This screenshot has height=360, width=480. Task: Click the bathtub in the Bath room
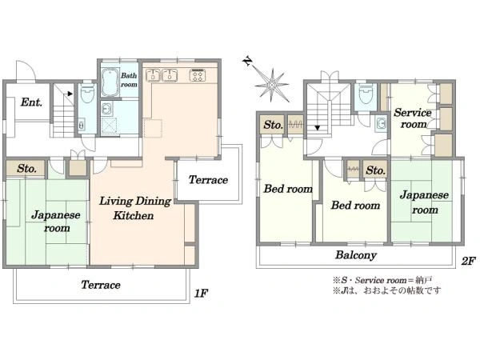110,82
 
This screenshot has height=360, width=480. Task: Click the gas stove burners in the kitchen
198,75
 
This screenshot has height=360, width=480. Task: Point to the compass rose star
272,84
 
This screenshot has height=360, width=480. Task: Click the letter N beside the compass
248,62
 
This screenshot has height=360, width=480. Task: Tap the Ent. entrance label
31,102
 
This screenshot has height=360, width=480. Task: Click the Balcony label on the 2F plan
356,255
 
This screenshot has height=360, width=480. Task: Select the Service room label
413,118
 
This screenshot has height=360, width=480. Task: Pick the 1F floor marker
201,294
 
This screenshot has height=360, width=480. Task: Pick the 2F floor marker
468,261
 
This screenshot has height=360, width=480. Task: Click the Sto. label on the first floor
27,168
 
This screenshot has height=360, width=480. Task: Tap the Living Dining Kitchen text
135,208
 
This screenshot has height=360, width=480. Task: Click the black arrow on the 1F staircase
70,94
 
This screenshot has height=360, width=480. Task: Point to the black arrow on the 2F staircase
318,128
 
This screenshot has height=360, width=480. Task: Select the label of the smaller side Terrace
208,180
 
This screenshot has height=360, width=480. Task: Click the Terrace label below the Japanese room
101,285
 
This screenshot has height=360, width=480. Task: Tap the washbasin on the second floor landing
381,124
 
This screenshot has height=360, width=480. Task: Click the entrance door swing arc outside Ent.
30,68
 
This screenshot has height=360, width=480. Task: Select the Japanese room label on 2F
424,202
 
